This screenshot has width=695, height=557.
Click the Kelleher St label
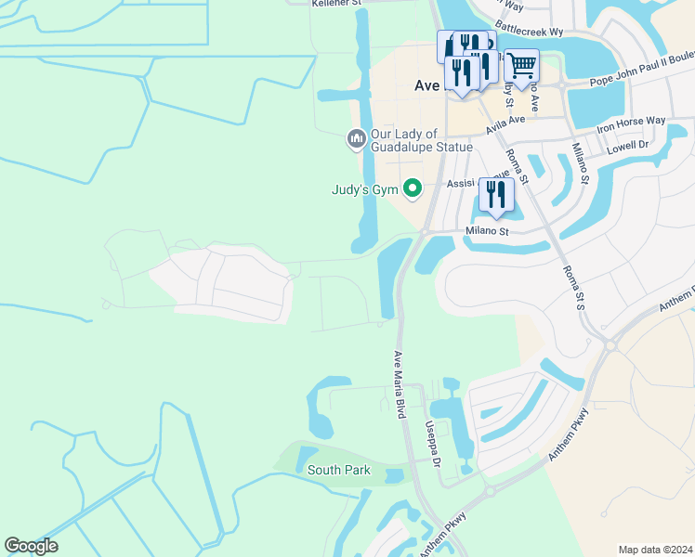point(336,3)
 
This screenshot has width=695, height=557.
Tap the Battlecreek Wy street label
point(530,31)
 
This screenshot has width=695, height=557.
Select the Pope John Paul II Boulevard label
point(642,81)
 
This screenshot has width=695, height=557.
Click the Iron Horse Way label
point(631,122)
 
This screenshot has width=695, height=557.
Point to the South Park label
point(339,471)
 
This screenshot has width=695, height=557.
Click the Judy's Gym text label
point(365,189)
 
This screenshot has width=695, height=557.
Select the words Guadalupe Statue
point(422,148)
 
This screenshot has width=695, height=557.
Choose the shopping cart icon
point(522,64)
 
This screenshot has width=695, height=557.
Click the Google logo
point(31,546)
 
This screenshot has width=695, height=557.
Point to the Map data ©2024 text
point(655,550)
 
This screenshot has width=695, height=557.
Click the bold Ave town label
point(426,84)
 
